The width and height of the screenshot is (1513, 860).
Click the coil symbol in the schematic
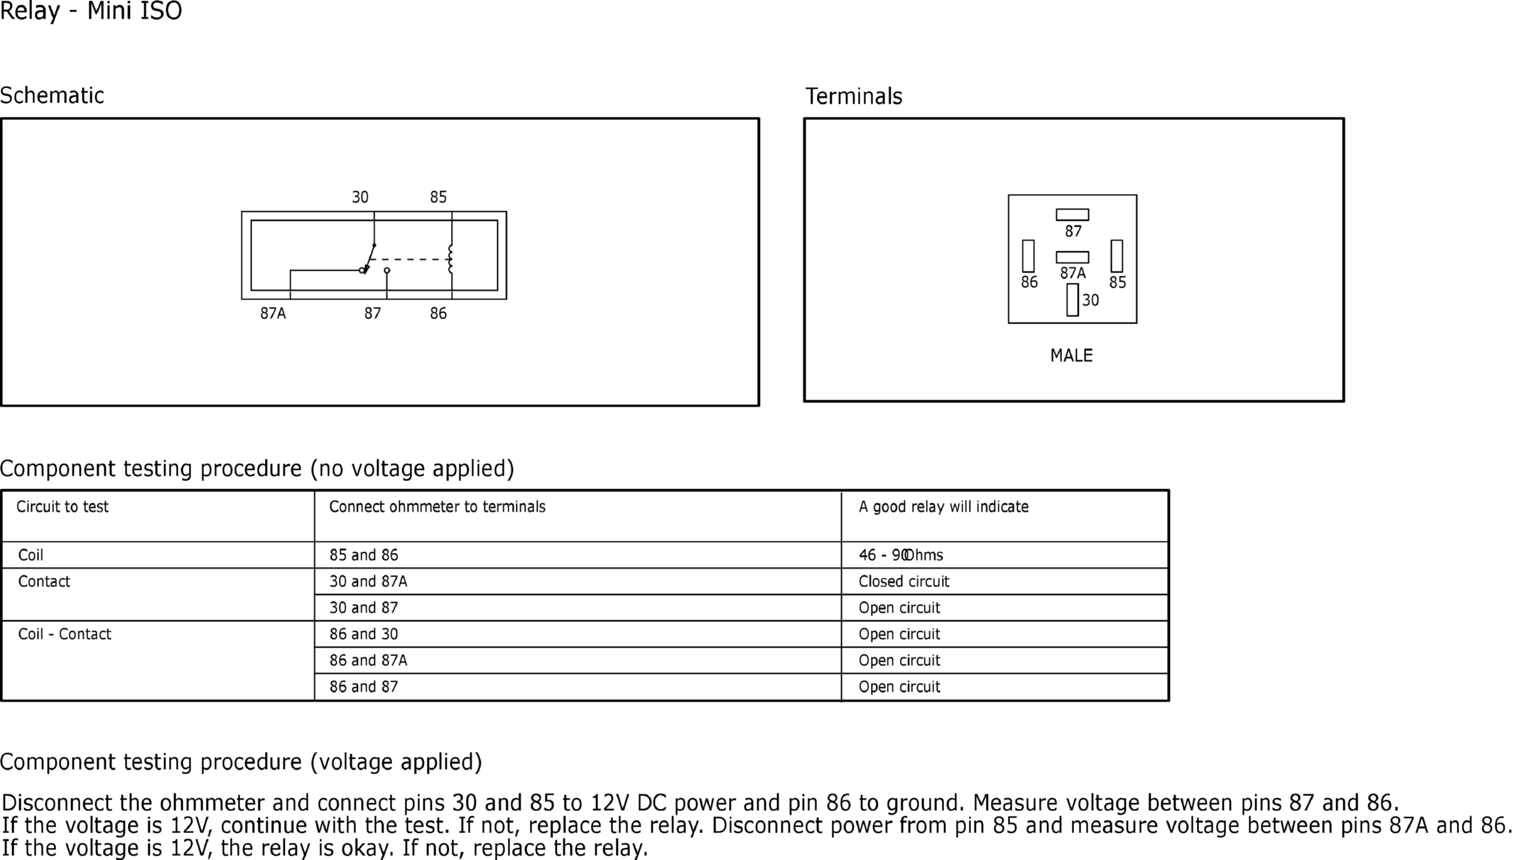click(450, 259)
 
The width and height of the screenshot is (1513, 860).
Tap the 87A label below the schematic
click(273, 313)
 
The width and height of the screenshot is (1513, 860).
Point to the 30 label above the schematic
click(360, 197)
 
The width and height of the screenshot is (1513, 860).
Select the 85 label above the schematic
click(438, 197)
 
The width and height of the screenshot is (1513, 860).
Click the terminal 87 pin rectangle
click(1072, 215)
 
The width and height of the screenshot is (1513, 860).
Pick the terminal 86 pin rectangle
click(1028, 256)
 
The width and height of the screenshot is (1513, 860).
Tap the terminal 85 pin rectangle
click(1117, 256)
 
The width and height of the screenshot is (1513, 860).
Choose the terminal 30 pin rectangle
click(1073, 300)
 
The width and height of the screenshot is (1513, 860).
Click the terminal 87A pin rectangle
click(1072, 257)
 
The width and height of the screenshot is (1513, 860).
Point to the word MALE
click(1071, 355)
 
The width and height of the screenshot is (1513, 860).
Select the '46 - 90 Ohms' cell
click(901, 555)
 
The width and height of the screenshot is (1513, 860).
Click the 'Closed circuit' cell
click(904, 581)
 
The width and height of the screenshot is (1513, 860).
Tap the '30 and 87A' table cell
click(368, 581)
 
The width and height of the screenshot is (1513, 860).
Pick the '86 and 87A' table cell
click(368, 660)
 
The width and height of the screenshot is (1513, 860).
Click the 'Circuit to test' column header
click(63, 507)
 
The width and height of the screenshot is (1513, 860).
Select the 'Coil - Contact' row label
click(65, 634)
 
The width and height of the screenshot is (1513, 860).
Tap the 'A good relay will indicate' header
click(943, 507)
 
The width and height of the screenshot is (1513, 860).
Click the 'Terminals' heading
click(854, 96)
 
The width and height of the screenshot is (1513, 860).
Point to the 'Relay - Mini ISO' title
click(91, 11)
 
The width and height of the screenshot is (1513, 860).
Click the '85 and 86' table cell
click(364, 555)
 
